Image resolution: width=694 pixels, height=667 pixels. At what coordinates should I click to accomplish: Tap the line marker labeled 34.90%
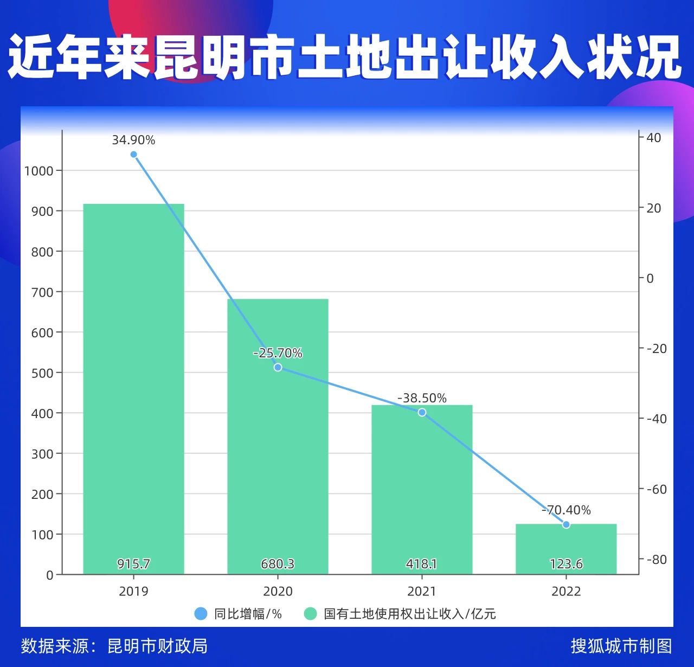click(134, 155)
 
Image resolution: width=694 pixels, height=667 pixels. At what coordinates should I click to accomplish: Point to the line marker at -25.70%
click(278, 367)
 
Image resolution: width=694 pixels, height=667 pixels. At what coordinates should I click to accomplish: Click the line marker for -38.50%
click(422, 412)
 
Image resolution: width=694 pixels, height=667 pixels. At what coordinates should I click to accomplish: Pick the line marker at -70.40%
click(566, 524)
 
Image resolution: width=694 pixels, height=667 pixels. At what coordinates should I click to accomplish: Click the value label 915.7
click(133, 564)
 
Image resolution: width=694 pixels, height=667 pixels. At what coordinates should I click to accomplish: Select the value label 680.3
click(278, 564)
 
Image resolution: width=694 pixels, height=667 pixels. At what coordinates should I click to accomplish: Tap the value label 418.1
click(422, 564)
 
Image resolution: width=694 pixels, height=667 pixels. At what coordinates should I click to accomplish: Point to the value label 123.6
click(566, 564)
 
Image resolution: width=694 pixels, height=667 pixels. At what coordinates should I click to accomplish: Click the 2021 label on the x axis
click(422, 591)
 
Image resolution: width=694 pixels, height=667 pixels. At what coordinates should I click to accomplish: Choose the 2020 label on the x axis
click(278, 591)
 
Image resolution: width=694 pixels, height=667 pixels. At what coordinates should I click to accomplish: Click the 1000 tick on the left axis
click(39, 171)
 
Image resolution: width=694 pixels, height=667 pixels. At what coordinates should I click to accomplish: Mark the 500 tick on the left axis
click(42, 373)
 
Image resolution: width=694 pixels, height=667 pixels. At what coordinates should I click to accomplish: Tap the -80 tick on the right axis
click(656, 559)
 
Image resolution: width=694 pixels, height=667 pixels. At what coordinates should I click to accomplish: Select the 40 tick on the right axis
click(654, 138)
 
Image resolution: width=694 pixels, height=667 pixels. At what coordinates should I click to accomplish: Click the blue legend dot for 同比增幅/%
click(201, 613)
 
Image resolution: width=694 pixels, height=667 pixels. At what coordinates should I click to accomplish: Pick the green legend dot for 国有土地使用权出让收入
click(310, 613)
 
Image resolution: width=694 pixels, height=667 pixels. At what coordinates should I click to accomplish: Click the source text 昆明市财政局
click(157, 646)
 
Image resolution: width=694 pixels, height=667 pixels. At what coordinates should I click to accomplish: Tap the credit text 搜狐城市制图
click(621, 646)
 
